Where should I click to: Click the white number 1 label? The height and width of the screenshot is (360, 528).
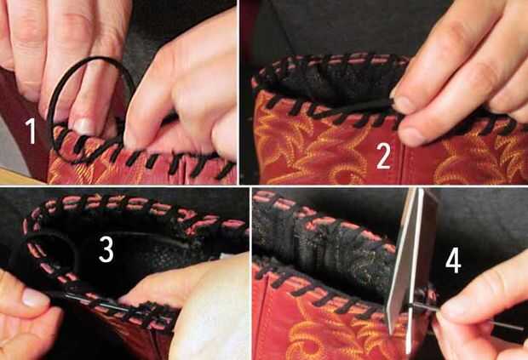point(31,131)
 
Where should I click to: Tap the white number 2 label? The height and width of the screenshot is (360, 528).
point(383,155)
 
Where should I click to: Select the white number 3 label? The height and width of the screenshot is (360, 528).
point(106,249)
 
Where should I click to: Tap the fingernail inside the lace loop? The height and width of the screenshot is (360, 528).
point(84,126)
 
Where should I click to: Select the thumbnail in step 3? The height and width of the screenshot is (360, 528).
point(33,297)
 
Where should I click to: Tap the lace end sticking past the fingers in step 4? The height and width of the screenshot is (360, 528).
point(505,325)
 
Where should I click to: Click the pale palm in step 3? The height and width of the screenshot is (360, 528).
point(209,303)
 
